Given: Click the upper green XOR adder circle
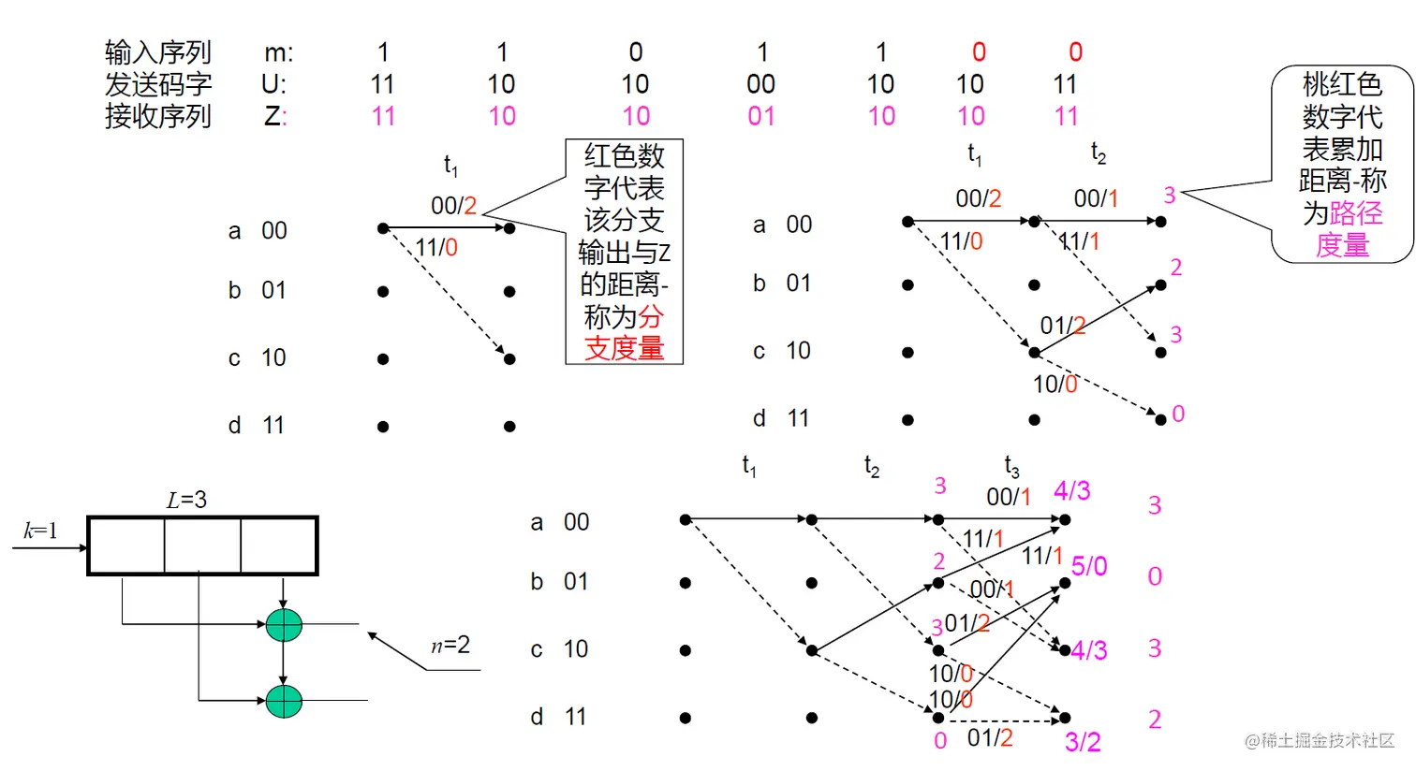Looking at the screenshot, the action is (x=284, y=624).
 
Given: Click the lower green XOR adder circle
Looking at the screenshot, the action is (x=284, y=700).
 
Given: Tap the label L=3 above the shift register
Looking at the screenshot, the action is (x=186, y=501).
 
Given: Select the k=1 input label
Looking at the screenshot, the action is (x=40, y=531).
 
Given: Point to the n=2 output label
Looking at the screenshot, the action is (x=450, y=645).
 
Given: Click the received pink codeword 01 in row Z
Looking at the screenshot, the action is (x=760, y=117).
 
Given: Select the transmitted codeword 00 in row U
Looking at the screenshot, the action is (x=760, y=85).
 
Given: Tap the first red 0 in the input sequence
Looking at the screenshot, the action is (x=979, y=52).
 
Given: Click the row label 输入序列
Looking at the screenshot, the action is (x=157, y=52).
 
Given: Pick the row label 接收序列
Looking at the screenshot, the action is (x=157, y=117).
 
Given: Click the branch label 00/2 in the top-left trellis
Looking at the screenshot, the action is (x=453, y=206).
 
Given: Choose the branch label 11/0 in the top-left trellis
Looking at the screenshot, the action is (x=436, y=248).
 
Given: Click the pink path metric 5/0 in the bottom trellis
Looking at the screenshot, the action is (x=1089, y=566).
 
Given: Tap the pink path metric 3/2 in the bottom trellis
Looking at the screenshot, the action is (x=1083, y=742).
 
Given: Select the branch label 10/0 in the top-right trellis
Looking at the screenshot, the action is (x=1055, y=384).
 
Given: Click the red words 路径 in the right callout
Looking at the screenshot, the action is (x=1356, y=213).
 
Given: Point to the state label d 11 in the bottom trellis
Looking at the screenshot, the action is (x=558, y=717).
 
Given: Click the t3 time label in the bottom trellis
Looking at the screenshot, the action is (x=1011, y=466).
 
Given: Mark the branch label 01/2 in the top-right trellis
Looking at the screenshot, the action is (x=1062, y=326).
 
